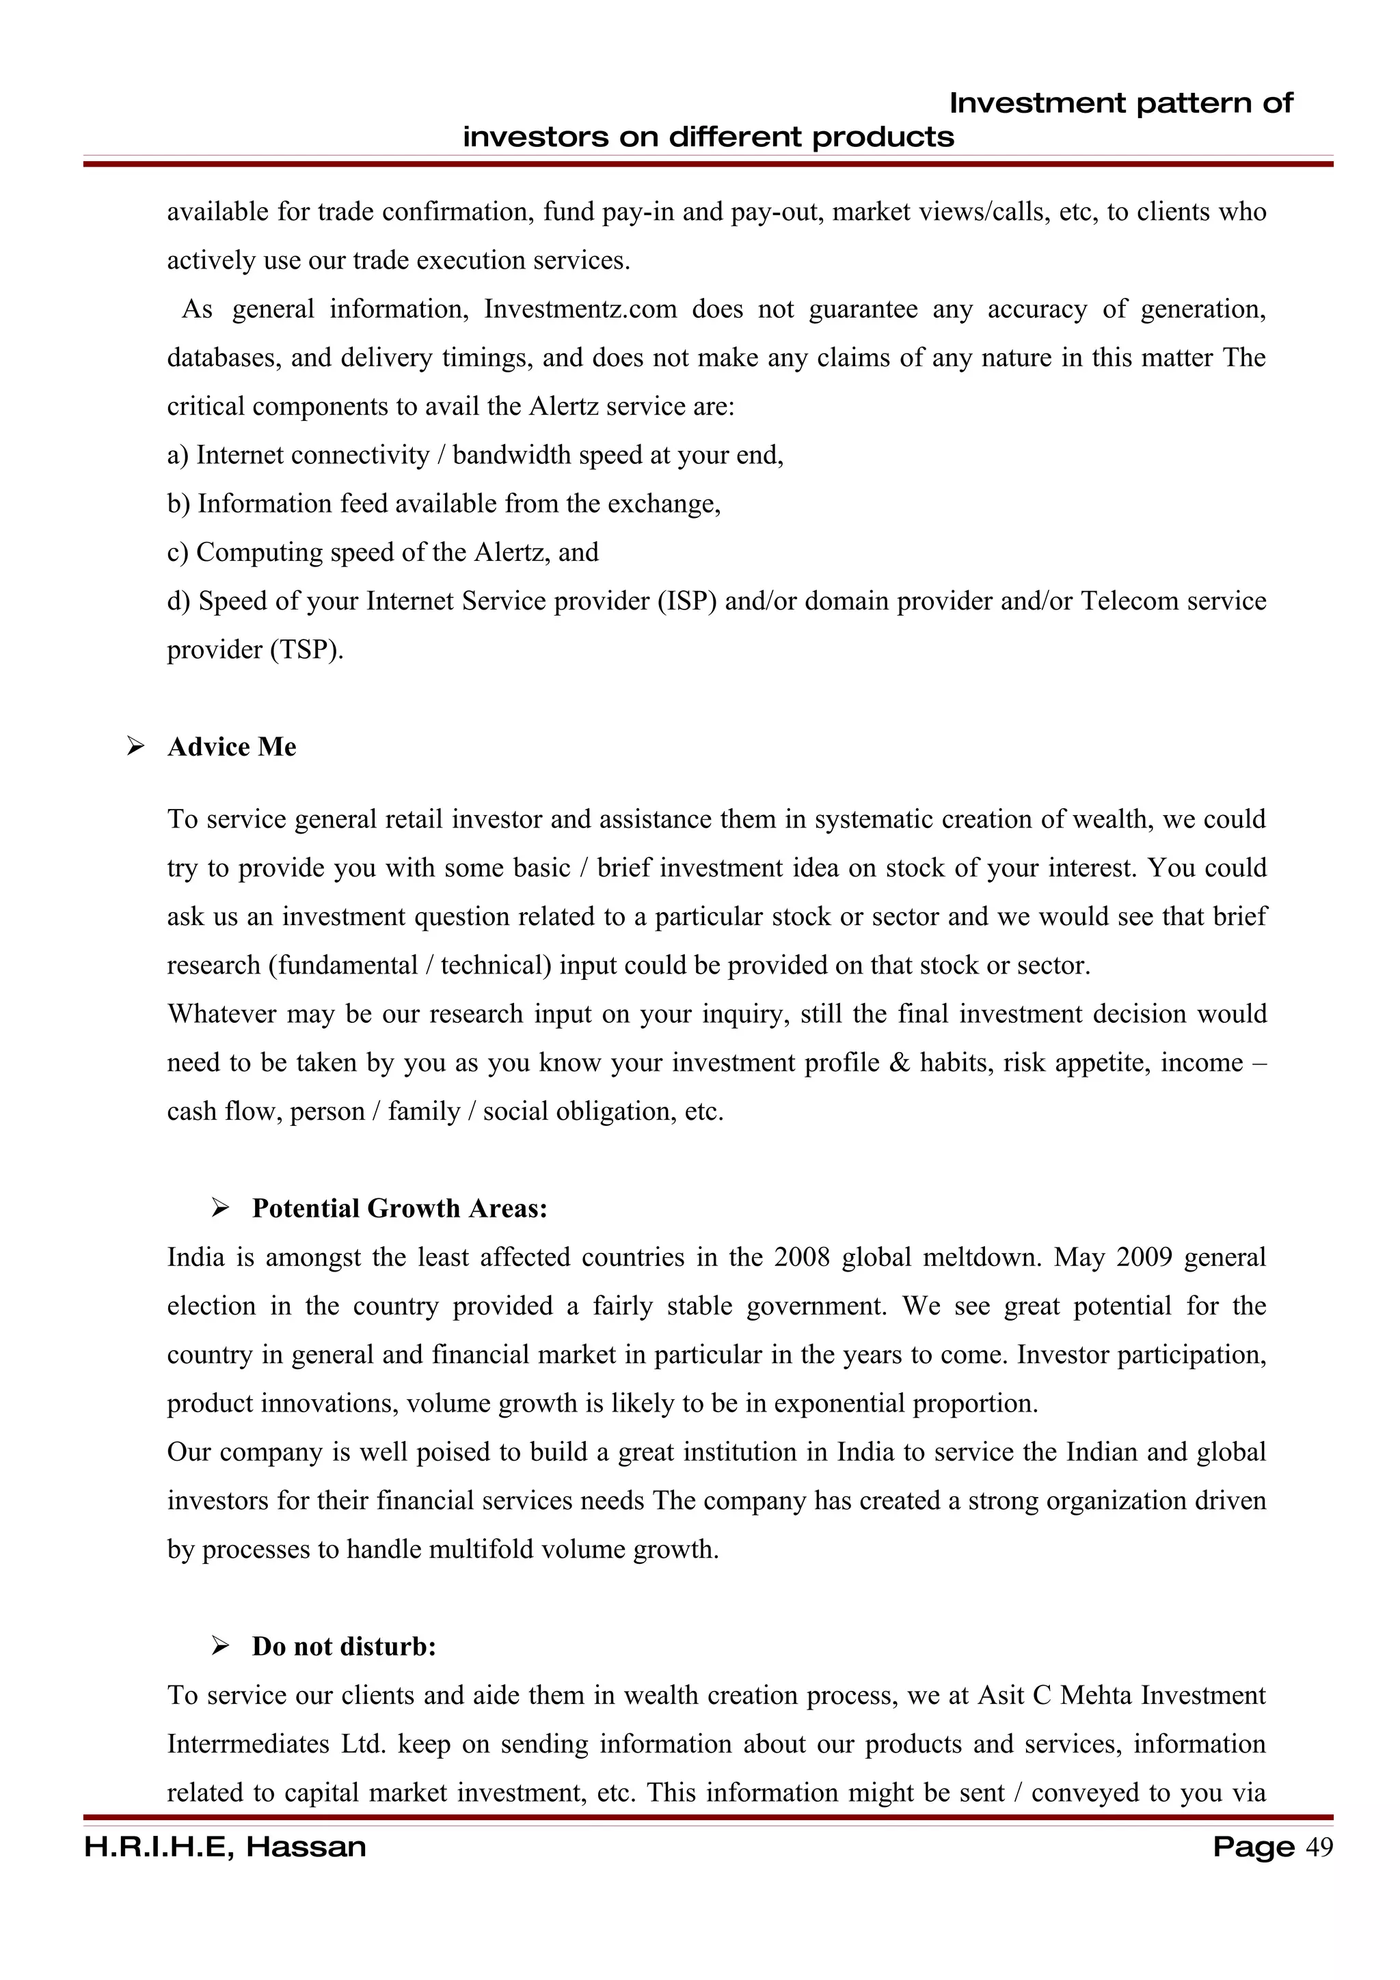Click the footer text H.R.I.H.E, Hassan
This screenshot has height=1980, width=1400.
click(225, 1847)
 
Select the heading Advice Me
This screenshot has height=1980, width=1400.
click(231, 747)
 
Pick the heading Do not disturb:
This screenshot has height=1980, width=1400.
click(343, 1647)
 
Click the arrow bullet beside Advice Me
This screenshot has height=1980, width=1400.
click(135, 747)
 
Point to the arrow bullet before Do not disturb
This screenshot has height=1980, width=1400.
click(220, 1647)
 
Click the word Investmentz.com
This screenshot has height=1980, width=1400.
click(580, 309)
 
